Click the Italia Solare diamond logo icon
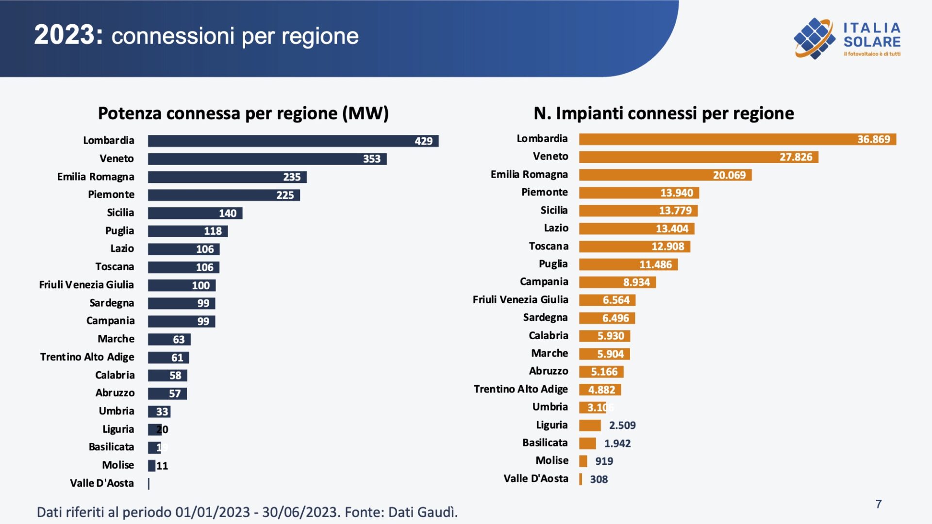(x=814, y=38)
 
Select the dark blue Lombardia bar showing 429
(x=293, y=141)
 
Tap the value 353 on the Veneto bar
(x=371, y=159)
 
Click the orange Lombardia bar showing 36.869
(x=737, y=139)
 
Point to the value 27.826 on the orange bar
(x=796, y=157)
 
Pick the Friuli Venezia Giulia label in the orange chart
(x=520, y=300)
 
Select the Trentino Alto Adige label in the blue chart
(x=87, y=357)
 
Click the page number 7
(x=879, y=504)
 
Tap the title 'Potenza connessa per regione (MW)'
(x=243, y=113)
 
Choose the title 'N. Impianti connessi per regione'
(x=664, y=113)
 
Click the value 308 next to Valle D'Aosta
(x=599, y=479)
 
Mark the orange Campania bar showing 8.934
(x=617, y=282)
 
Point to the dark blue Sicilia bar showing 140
(x=195, y=213)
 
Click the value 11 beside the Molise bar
(x=162, y=466)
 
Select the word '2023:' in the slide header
(x=68, y=35)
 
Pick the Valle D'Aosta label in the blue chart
(x=101, y=483)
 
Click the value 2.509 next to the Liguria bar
(x=622, y=426)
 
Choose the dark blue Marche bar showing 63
(x=169, y=339)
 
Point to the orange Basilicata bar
(x=587, y=443)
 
